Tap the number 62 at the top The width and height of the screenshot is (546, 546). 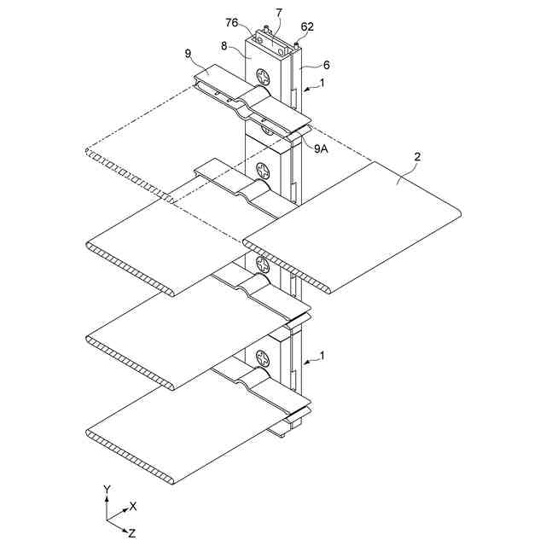(x=307, y=26)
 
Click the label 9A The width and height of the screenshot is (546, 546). (x=322, y=148)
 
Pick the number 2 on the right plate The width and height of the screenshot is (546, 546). (x=416, y=156)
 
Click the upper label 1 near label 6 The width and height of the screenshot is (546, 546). (x=322, y=83)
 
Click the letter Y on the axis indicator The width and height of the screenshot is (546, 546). (x=106, y=489)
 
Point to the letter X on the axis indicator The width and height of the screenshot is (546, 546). (x=132, y=505)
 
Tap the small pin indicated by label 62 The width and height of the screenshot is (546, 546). (x=296, y=41)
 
